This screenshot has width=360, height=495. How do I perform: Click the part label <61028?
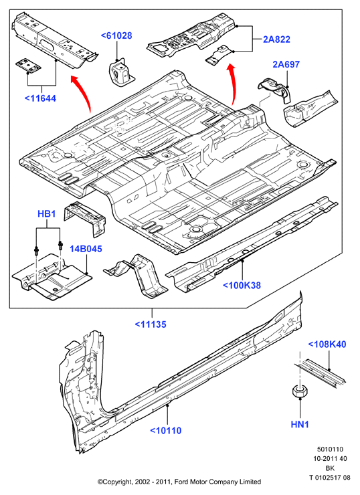(x=116, y=35)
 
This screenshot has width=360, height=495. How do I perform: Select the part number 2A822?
(x=276, y=39)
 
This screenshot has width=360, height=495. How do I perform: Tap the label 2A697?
(x=286, y=64)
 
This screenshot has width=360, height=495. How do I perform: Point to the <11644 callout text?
(x=40, y=98)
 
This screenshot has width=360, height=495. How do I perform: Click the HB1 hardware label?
(x=46, y=214)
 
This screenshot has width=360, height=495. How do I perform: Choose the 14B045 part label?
(x=86, y=249)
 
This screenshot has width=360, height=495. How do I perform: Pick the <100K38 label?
(x=242, y=285)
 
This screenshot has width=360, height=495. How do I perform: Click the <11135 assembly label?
(x=151, y=324)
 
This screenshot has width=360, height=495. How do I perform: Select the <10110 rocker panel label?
(x=166, y=430)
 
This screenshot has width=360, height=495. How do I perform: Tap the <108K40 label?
(x=327, y=344)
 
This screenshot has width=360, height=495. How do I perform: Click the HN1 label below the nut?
(x=300, y=424)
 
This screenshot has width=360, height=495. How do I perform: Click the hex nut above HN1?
(x=298, y=392)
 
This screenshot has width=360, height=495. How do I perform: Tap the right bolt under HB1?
(x=60, y=245)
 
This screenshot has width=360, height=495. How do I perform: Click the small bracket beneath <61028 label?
(x=121, y=74)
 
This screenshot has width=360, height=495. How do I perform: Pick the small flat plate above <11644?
(x=28, y=66)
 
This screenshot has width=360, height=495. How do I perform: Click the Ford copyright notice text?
(x=179, y=482)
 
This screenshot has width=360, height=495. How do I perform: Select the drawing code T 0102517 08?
(x=330, y=478)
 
